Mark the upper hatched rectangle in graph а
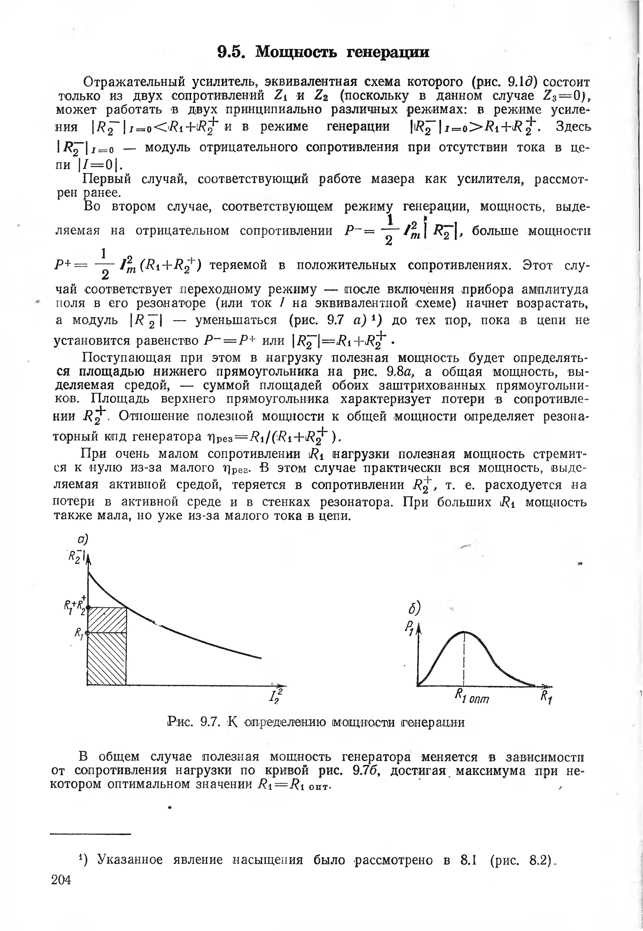point(107,620)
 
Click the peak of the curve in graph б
point(464,632)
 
